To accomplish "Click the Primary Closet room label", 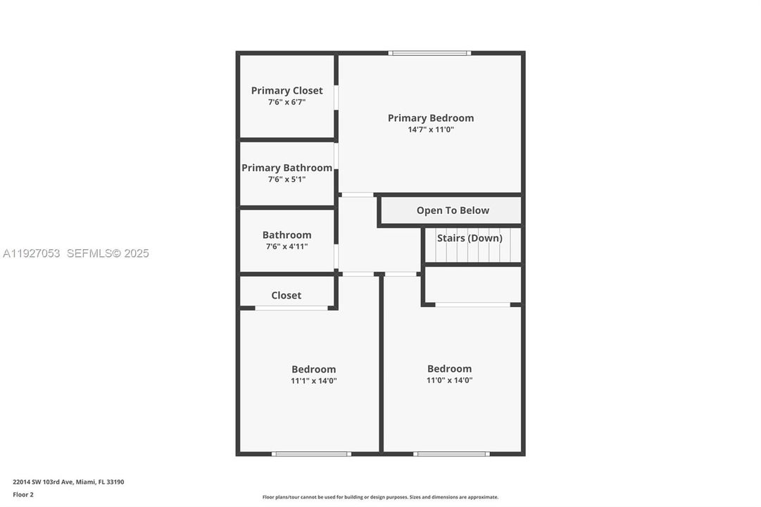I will (x=287, y=90).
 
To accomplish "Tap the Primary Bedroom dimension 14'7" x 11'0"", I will (x=431, y=130).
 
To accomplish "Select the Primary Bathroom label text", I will (x=287, y=168).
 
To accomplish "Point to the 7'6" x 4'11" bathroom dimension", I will (x=287, y=246).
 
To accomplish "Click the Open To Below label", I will (x=453, y=211).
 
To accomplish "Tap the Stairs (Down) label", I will (x=470, y=238).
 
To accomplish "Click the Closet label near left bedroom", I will (x=287, y=295).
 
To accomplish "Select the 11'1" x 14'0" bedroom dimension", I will (x=313, y=381).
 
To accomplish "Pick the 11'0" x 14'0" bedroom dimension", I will (x=449, y=380).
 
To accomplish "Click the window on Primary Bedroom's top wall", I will (x=429, y=53).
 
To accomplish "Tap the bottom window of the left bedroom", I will (x=311, y=454).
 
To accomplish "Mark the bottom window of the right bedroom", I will (x=451, y=454).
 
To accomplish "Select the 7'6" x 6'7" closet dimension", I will (x=287, y=102).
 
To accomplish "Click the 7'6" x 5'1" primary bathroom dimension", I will (x=287, y=180).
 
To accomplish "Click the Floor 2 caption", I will (x=23, y=494).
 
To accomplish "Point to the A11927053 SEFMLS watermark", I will (x=76, y=254).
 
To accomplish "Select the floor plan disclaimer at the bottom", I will (x=380, y=497).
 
